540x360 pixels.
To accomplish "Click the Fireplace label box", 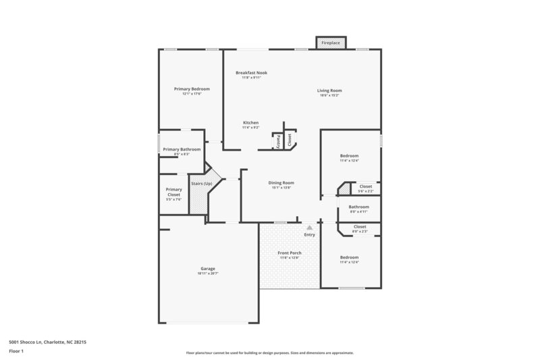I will click(x=330, y=43).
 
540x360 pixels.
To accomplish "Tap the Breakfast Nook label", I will click(x=251, y=72).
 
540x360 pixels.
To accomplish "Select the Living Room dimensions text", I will click(x=330, y=95).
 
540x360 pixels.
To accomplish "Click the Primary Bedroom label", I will click(x=192, y=89).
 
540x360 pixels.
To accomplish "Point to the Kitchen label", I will click(x=251, y=123).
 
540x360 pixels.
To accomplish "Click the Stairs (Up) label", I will click(x=202, y=184).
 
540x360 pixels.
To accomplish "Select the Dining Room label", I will click(x=281, y=182).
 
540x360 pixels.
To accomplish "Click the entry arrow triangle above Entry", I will click(x=310, y=228).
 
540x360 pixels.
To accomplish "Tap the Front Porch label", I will click(x=290, y=253).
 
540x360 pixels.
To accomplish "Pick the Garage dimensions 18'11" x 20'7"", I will click(x=208, y=274).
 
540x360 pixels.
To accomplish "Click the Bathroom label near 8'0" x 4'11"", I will click(x=359, y=207).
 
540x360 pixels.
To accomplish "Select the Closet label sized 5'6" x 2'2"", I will click(x=365, y=186).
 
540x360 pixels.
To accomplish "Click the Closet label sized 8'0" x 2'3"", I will click(x=360, y=227).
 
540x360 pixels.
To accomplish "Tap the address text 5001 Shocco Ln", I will click(x=47, y=342).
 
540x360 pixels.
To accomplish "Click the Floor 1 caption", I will click(x=16, y=351).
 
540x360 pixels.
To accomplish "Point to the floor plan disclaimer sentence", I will click(x=269, y=353).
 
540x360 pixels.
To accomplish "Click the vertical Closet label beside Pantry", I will click(x=290, y=140).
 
